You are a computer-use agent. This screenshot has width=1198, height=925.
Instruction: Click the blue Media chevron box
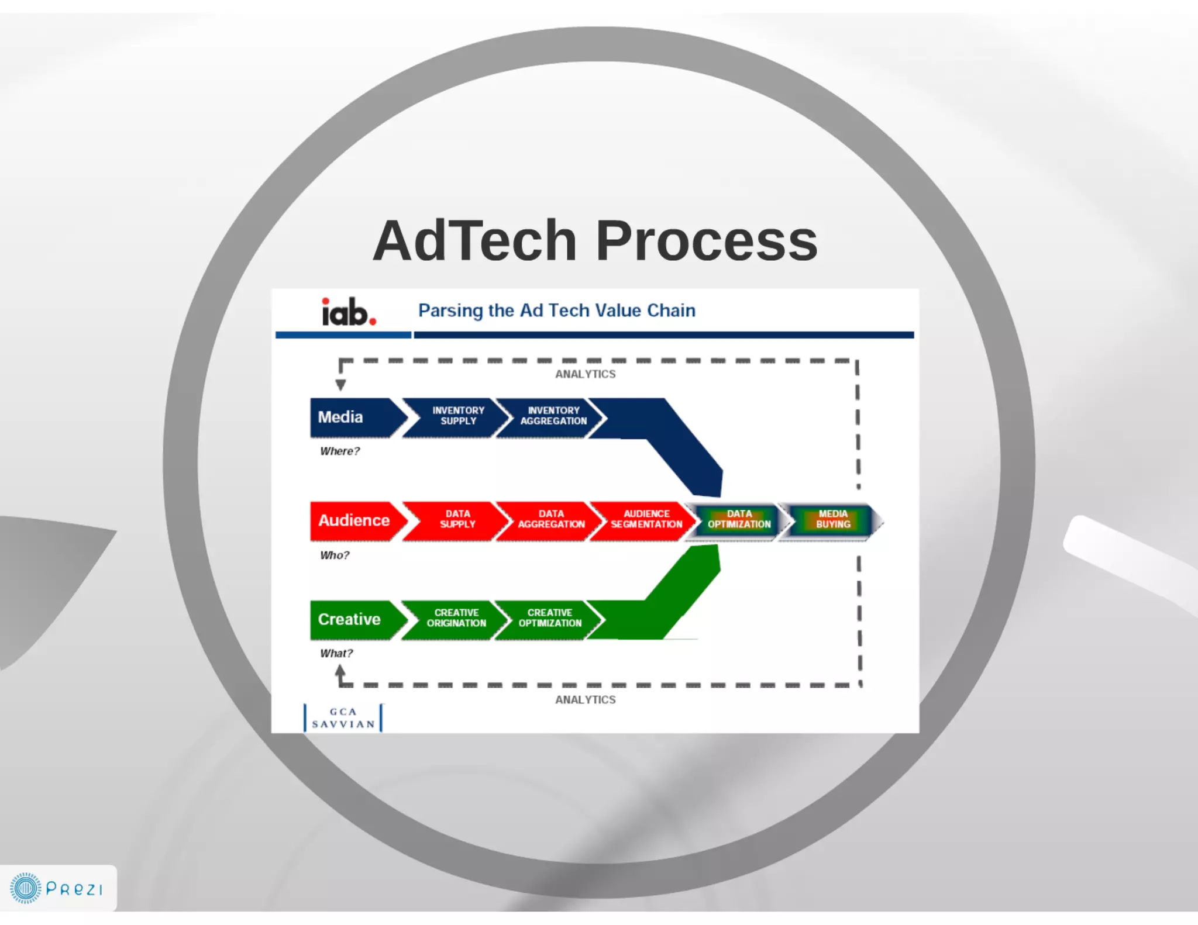pyautogui.click(x=351, y=417)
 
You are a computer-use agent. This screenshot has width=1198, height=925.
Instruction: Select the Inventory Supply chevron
pyautogui.click(x=457, y=416)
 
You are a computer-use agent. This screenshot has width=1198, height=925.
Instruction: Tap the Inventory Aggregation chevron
pyautogui.click(x=552, y=416)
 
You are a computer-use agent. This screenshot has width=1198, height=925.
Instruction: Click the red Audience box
pyautogui.click(x=353, y=520)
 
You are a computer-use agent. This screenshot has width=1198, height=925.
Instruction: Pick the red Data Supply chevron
pyautogui.click(x=457, y=519)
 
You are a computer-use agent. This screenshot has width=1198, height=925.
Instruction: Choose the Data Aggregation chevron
pyautogui.click(x=550, y=519)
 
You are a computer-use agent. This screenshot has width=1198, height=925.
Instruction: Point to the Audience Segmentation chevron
pyautogui.click(x=645, y=519)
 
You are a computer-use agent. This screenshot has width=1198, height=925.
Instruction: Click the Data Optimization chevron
pyautogui.click(x=738, y=519)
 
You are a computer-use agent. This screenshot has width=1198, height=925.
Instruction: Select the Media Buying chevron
pyautogui.click(x=832, y=519)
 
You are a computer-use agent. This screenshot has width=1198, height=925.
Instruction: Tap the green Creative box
pyautogui.click(x=350, y=619)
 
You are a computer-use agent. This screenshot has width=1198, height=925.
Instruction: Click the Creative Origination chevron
pyautogui.click(x=456, y=618)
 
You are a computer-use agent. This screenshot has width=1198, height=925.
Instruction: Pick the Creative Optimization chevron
pyautogui.click(x=549, y=618)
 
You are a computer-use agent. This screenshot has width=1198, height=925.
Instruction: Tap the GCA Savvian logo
pyautogui.click(x=343, y=718)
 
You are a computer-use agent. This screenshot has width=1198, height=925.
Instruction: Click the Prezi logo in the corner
pyautogui.click(x=57, y=888)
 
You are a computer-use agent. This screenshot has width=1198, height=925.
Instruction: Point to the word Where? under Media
pyautogui.click(x=339, y=451)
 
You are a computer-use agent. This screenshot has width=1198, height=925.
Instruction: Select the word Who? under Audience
pyautogui.click(x=334, y=555)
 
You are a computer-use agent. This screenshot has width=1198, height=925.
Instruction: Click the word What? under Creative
pyautogui.click(x=336, y=654)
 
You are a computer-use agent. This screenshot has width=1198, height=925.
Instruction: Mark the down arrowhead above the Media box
pyautogui.click(x=340, y=385)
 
